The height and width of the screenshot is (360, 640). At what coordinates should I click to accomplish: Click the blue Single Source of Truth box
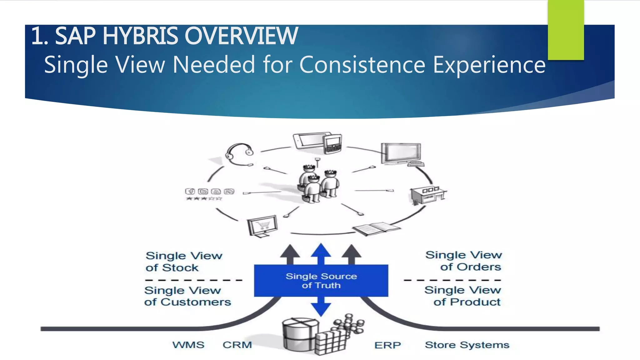coord(321,281)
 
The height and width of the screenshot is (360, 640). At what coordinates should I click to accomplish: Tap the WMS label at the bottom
coord(188,345)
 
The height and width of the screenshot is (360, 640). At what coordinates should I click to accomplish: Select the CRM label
coord(237,345)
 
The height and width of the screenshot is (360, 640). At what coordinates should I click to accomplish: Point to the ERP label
coord(387,345)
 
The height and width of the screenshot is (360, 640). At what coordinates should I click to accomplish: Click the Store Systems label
coord(467,345)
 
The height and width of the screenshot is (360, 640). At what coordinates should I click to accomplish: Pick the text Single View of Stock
coord(184,262)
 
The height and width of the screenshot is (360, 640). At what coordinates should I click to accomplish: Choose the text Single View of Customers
coord(187,296)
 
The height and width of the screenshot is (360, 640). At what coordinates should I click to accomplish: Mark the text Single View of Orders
coord(464,261)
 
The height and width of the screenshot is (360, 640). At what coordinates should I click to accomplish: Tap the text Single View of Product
coord(463,296)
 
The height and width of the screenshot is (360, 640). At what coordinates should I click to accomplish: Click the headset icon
coord(239,155)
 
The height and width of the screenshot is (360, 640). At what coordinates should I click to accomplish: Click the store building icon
coord(427,195)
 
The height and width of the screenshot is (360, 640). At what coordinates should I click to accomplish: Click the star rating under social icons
coord(204,198)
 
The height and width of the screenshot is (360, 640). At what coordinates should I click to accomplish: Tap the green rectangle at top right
coord(566,30)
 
